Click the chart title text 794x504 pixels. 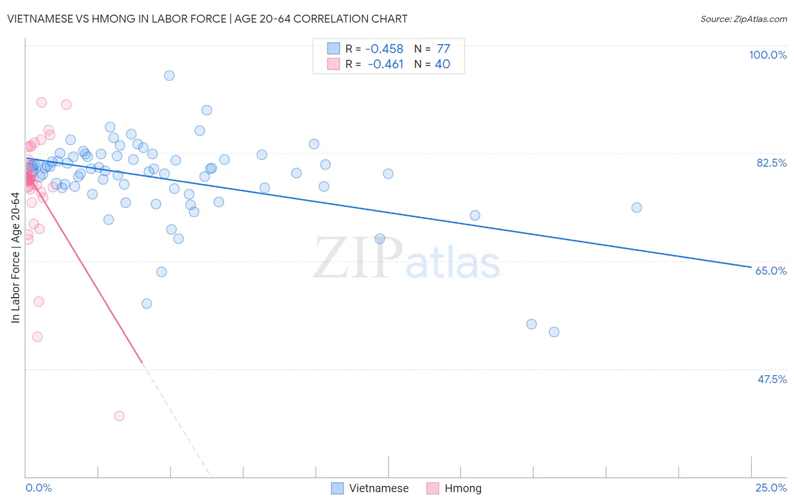207,19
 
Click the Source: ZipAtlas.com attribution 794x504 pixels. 743,19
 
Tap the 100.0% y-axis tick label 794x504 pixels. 767,55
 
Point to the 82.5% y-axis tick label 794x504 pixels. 771,163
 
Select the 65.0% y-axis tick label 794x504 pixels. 771,271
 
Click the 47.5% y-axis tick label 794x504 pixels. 771,379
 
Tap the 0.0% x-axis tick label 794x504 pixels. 38,488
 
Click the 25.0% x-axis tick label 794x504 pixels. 771,488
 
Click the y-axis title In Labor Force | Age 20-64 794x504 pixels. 15,258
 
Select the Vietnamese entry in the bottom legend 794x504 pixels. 378,488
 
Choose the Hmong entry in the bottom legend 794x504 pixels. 463,488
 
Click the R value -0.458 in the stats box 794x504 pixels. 384,49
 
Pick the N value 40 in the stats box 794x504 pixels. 442,64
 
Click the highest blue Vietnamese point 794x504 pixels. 169,76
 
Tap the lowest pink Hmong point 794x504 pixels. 119,416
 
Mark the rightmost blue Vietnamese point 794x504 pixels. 636,207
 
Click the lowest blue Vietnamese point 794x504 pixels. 554,332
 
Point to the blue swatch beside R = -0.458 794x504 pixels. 334,49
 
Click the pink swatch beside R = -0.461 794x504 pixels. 334,64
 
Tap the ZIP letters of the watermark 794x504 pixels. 358,258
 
